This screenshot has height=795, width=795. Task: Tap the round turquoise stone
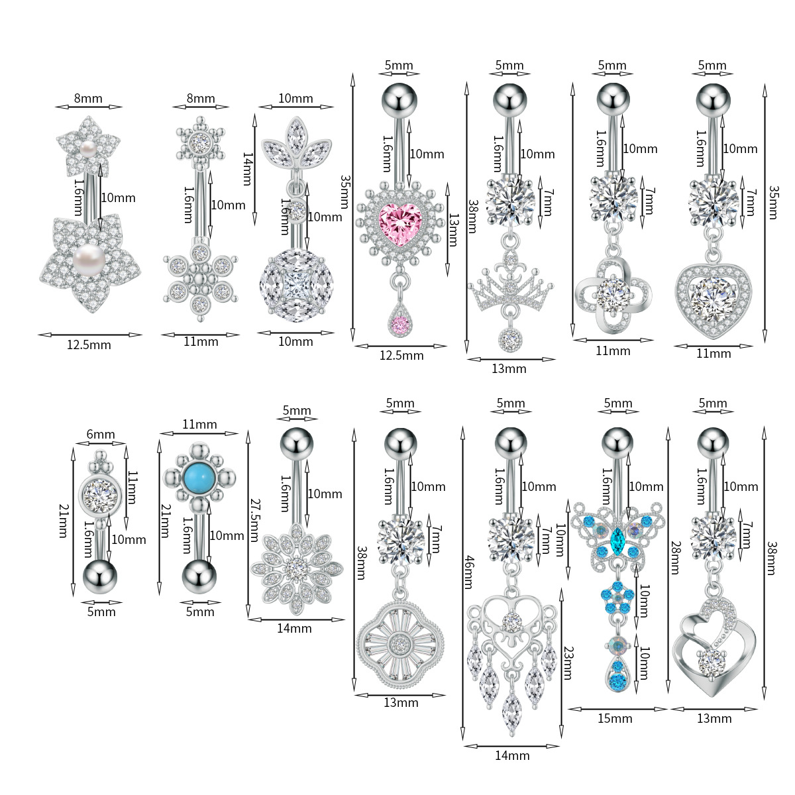(x=199, y=478)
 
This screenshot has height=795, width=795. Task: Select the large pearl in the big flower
(x=89, y=260)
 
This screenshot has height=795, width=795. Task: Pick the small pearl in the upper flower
(x=87, y=149)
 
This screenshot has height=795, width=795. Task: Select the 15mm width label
(x=615, y=718)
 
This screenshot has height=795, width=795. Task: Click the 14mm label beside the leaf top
(x=247, y=169)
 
